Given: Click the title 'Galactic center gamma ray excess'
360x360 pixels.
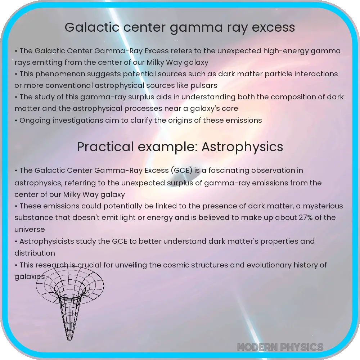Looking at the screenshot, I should point(180,27).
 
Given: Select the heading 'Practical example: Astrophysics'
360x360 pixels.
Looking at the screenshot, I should point(180,147).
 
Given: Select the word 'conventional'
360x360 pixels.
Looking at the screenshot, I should point(59,86).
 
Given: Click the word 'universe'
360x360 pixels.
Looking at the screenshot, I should point(30,229).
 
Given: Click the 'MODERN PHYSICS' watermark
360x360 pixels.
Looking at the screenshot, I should point(280,347).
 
